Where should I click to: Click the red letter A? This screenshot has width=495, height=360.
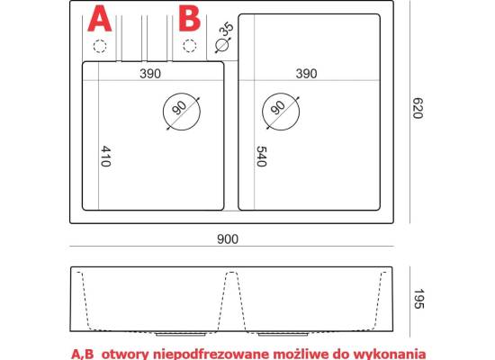99,19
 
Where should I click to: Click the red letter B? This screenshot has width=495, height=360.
189,19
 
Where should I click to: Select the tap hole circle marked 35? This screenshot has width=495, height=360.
216,45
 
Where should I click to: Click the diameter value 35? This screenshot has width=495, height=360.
226,30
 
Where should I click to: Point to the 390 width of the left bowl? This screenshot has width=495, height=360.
150,74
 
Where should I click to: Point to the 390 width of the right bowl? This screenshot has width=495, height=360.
306,74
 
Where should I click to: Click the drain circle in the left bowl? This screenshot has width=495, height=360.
163,112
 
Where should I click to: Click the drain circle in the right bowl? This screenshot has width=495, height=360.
262,112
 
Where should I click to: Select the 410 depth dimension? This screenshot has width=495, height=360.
106,156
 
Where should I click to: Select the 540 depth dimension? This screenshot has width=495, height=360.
261,156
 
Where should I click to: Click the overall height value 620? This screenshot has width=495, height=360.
418,108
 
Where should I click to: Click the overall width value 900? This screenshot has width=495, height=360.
228,239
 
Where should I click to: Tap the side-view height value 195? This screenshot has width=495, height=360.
418,299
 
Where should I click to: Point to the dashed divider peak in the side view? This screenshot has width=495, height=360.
232,272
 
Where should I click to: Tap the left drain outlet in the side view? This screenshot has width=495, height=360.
182,333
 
